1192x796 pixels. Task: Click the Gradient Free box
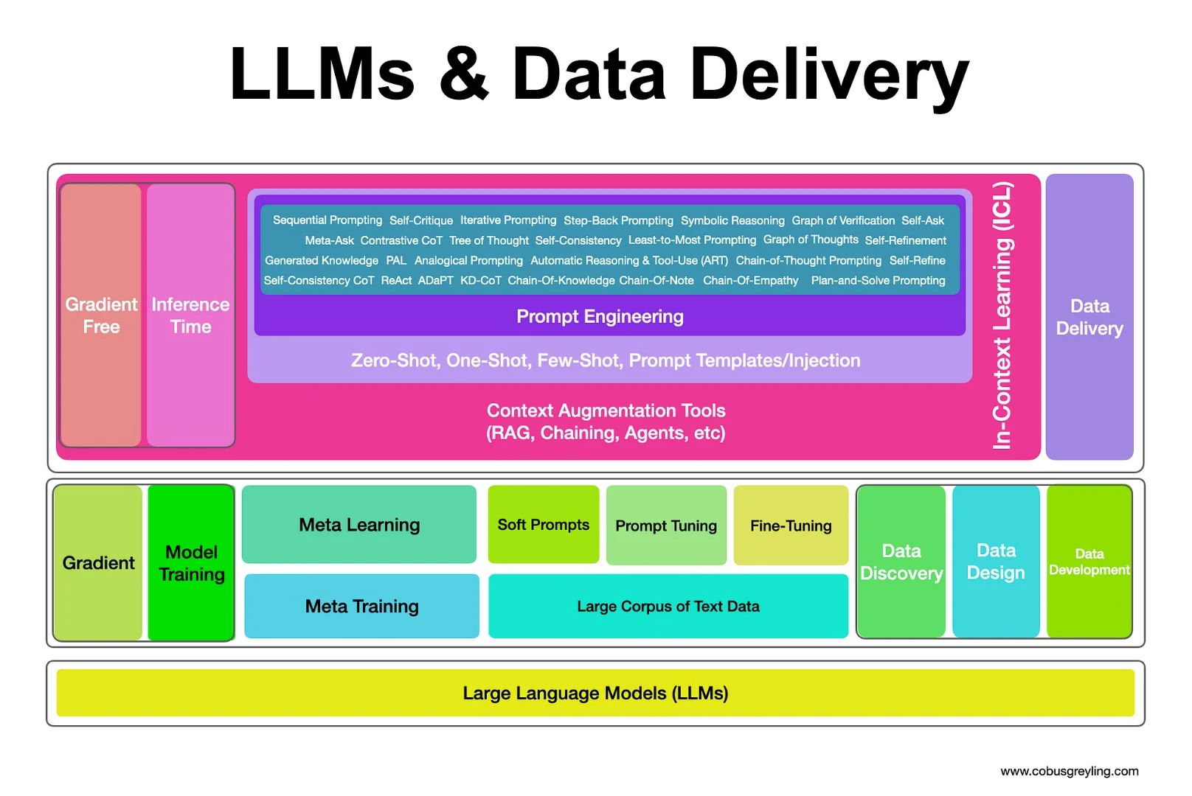(101, 315)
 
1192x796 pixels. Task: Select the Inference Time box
(190, 315)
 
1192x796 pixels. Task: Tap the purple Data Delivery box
(1089, 317)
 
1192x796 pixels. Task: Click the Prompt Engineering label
(600, 317)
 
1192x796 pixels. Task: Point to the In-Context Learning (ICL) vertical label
(1002, 315)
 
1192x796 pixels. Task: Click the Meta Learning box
(359, 525)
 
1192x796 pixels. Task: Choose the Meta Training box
(361, 606)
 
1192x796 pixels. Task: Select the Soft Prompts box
(544, 525)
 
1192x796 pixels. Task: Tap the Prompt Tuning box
(666, 526)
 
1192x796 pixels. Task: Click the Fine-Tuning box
(791, 526)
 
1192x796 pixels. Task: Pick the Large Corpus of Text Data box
(668, 606)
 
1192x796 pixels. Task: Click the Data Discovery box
(901, 562)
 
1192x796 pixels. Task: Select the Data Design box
(996, 562)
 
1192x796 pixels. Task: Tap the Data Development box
(1089, 562)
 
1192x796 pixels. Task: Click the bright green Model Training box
(191, 563)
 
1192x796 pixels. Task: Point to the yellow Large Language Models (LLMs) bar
(595, 693)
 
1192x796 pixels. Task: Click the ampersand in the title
(464, 74)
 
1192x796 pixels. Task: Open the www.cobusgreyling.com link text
(1069, 771)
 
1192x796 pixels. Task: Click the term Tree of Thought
(489, 240)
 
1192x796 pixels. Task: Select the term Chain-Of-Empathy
(750, 280)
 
